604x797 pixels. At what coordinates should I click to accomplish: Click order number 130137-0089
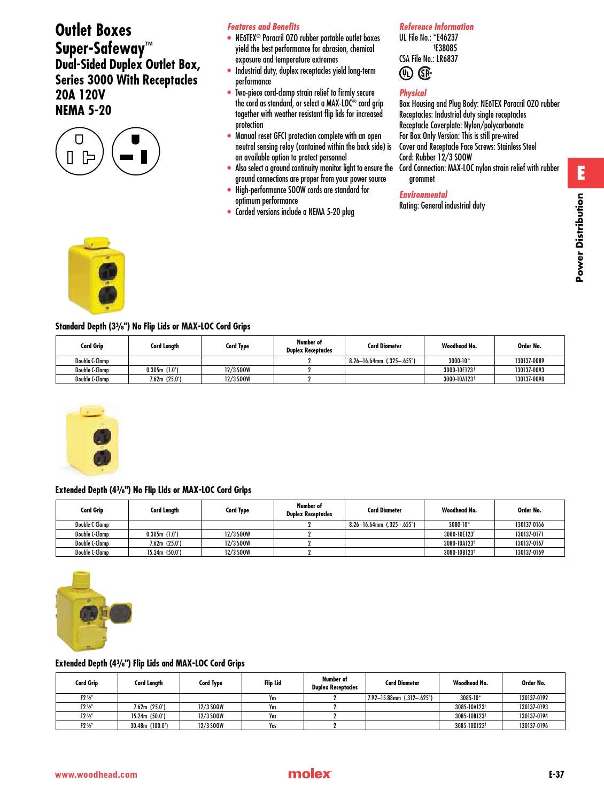(529, 361)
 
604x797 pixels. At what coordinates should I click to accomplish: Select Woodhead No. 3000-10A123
(459, 379)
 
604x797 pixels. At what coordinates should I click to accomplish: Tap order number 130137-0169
(529, 552)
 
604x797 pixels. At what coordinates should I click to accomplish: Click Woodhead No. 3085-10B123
(470, 716)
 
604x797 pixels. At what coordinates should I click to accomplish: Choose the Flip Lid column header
(273, 683)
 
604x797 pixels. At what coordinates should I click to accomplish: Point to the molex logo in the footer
(309, 774)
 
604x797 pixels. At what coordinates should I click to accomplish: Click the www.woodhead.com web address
(96, 775)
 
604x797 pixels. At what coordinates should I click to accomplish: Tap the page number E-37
(556, 774)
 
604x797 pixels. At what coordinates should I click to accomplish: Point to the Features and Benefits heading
(264, 27)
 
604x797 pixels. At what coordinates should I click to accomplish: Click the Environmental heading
(423, 195)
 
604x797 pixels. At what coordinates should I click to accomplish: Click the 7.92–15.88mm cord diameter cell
(401, 698)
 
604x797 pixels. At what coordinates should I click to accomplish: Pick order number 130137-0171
(529, 534)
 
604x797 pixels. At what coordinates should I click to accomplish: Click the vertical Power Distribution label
(580, 237)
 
